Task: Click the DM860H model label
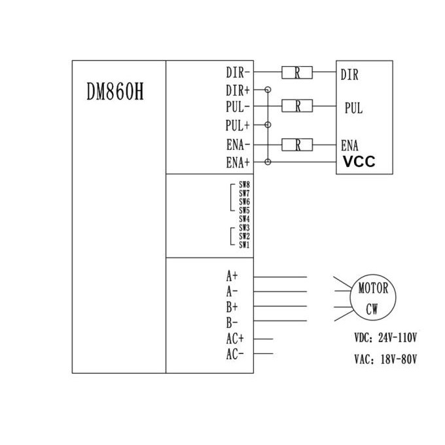click(x=115, y=90)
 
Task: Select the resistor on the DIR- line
click(x=297, y=73)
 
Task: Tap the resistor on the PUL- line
click(x=298, y=105)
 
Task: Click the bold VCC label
click(x=358, y=161)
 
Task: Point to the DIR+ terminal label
click(x=238, y=89)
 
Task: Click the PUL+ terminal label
click(x=238, y=124)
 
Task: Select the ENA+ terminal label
click(x=238, y=162)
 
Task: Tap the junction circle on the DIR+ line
click(x=268, y=89)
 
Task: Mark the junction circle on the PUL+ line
click(x=268, y=124)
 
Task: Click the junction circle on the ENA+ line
click(x=268, y=161)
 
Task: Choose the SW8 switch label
click(x=244, y=186)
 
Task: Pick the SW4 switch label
click(x=244, y=219)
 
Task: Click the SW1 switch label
click(x=244, y=245)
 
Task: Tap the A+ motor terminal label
click(x=232, y=276)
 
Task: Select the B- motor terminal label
click(x=232, y=323)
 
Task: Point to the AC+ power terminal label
click(x=235, y=338)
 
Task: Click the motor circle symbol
click(x=374, y=298)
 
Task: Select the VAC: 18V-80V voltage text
click(x=385, y=359)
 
